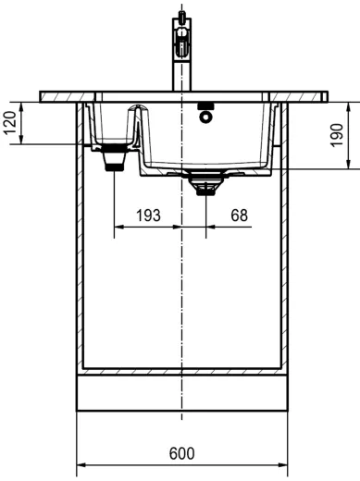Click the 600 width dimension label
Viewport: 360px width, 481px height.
click(181, 453)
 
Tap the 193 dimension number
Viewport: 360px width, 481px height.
click(148, 216)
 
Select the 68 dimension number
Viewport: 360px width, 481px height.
click(239, 216)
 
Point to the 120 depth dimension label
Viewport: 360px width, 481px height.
click(10, 123)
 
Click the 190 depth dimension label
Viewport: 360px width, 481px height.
click(337, 135)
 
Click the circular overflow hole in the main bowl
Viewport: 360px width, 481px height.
click(205, 117)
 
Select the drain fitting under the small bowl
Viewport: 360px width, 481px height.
click(115, 157)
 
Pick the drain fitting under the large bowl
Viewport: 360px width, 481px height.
click(205, 183)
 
